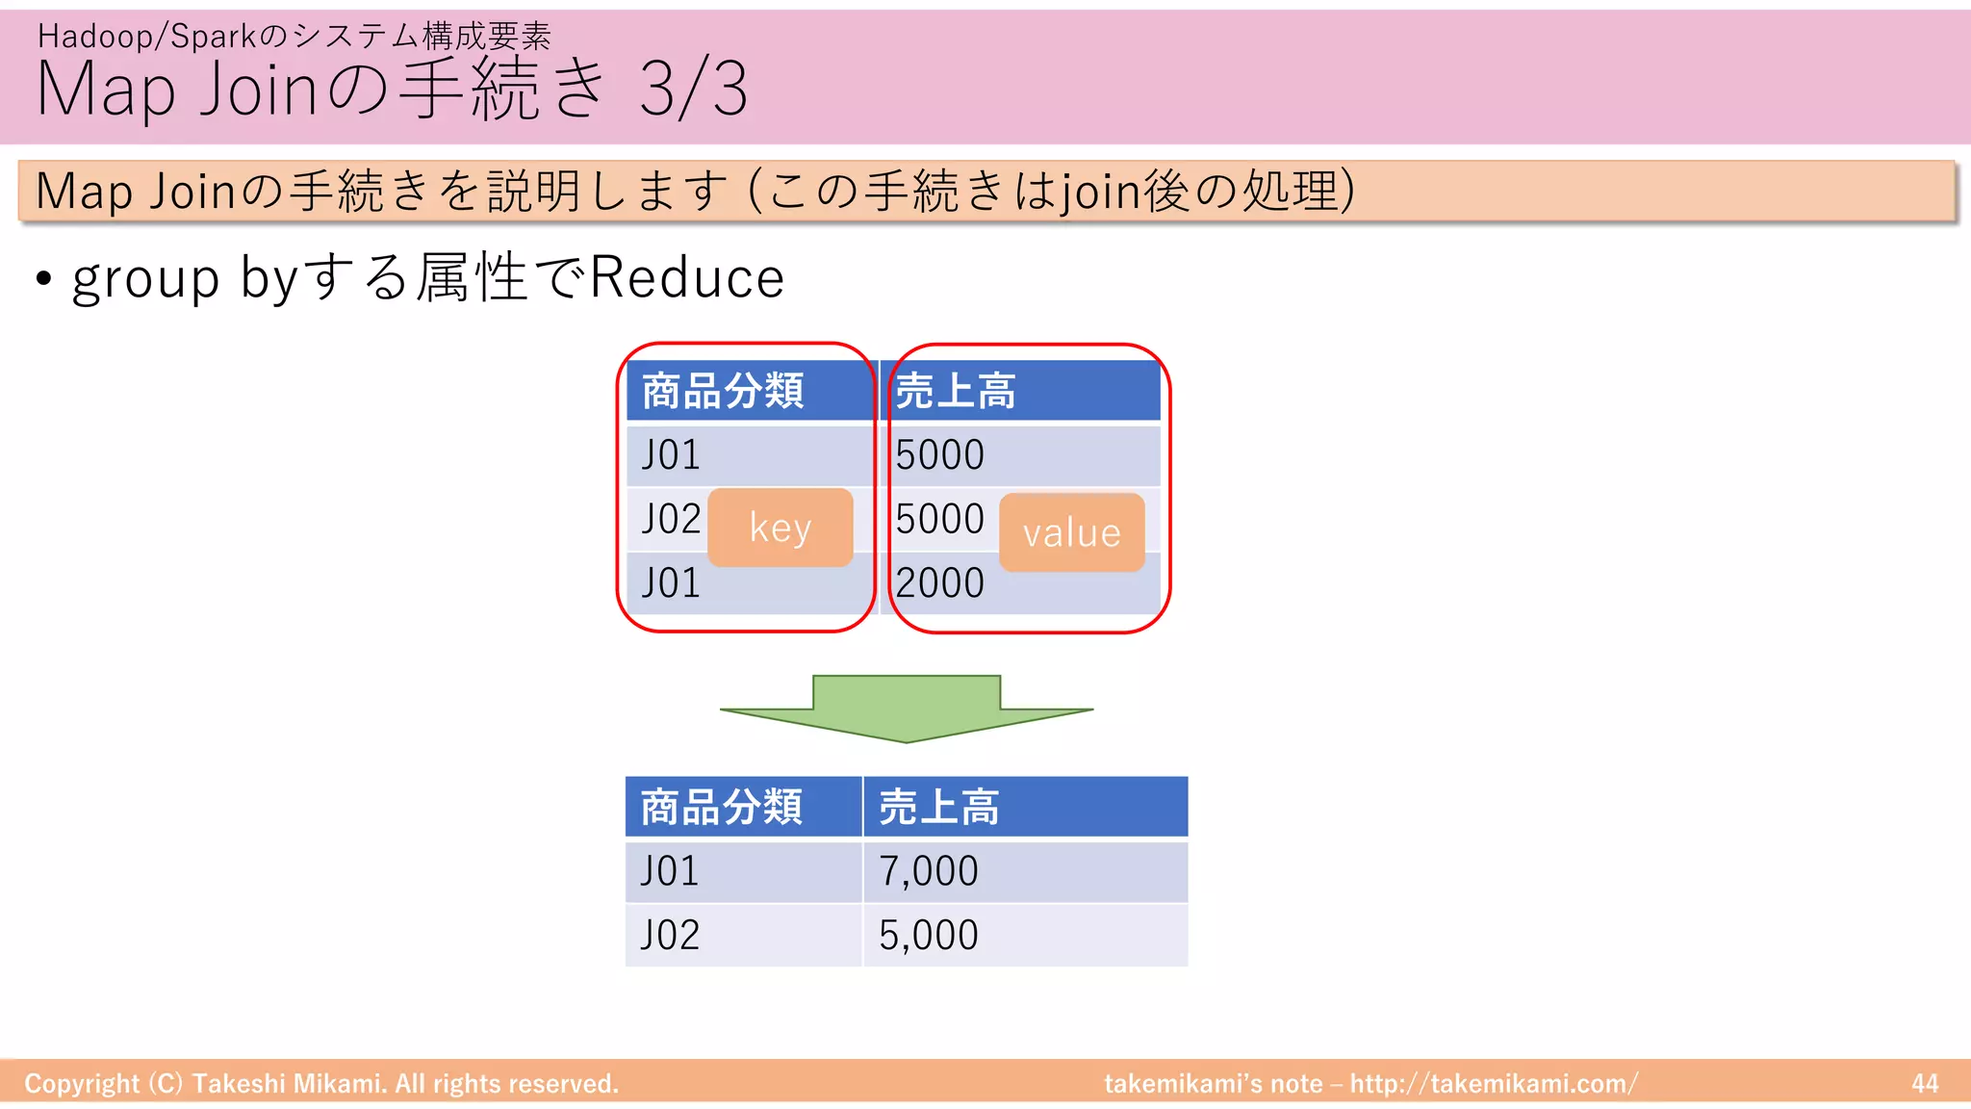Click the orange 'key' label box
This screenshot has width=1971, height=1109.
[780, 528]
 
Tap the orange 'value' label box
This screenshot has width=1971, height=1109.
[1071, 532]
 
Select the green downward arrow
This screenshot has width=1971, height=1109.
[906, 709]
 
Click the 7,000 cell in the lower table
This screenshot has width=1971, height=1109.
[1024, 871]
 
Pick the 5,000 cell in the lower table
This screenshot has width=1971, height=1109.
[1024, 935]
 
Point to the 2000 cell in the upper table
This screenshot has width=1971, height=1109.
[940, 583]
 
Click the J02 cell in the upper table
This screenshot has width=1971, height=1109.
[671, 520]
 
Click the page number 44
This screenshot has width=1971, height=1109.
[1925, 1084]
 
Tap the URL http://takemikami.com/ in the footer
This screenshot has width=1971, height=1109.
[1493, 1084]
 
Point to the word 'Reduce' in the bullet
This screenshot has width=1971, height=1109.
[686, 278]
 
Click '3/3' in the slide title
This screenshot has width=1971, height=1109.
[693, 89]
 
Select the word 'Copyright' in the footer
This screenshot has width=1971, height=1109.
[82, 1084]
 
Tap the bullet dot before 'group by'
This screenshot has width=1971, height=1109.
[43, 280]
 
